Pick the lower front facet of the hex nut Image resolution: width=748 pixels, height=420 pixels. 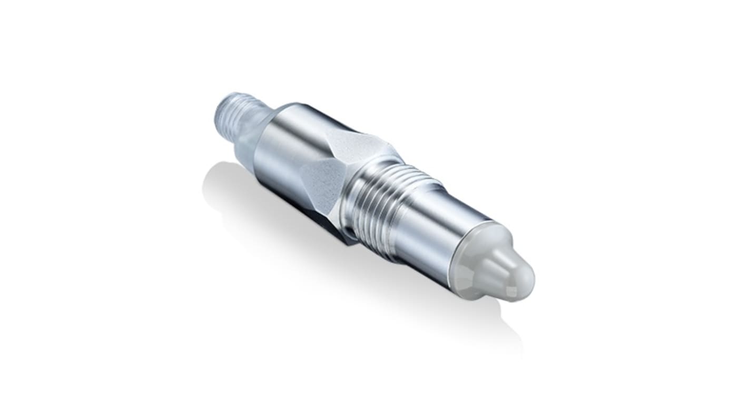[x=321, y=184]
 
